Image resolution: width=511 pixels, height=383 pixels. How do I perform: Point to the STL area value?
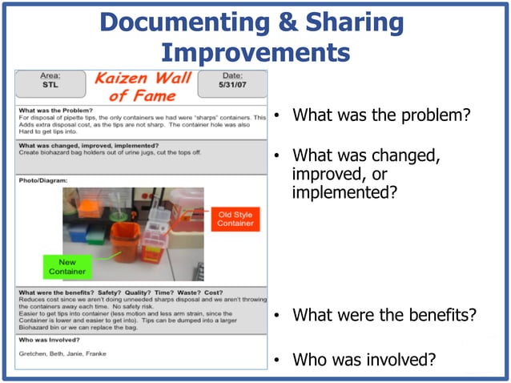(50, 83)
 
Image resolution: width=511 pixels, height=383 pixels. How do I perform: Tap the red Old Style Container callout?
(235, 219)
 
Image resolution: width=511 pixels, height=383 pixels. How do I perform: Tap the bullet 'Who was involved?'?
(364, 360)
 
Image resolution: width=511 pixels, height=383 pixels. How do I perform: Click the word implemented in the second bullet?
(344, 193)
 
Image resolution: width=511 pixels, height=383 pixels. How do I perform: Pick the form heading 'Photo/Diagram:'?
(43, 180)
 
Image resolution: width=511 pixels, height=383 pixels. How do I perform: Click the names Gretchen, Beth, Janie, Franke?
(63, 353)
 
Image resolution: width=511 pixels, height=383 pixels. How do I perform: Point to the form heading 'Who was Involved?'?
(52, 340)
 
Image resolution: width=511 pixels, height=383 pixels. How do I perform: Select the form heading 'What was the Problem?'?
(56, 110)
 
